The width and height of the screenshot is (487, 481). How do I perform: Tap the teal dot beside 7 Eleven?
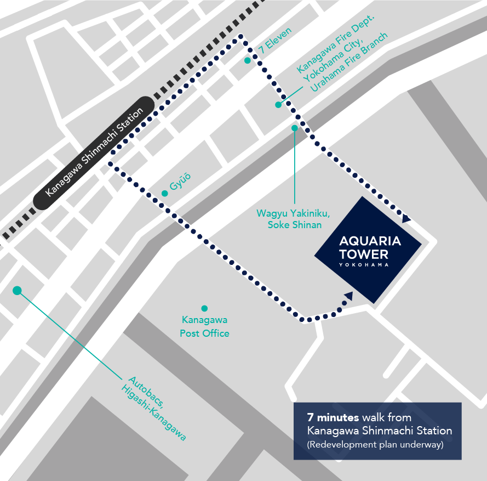point(248,60)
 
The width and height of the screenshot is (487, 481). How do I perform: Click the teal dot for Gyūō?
point(164,193)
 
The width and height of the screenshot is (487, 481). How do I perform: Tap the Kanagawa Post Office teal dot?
point(204,308)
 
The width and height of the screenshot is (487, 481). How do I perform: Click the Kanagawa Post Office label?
point(204,326)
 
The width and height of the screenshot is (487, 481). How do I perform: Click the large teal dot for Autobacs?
point(17,291)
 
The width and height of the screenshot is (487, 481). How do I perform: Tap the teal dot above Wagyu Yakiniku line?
point(295,128)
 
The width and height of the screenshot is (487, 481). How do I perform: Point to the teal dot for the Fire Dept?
point(278,104)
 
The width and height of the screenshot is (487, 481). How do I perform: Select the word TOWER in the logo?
point(363,254)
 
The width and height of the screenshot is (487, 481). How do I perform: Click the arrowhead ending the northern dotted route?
point(405,219)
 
